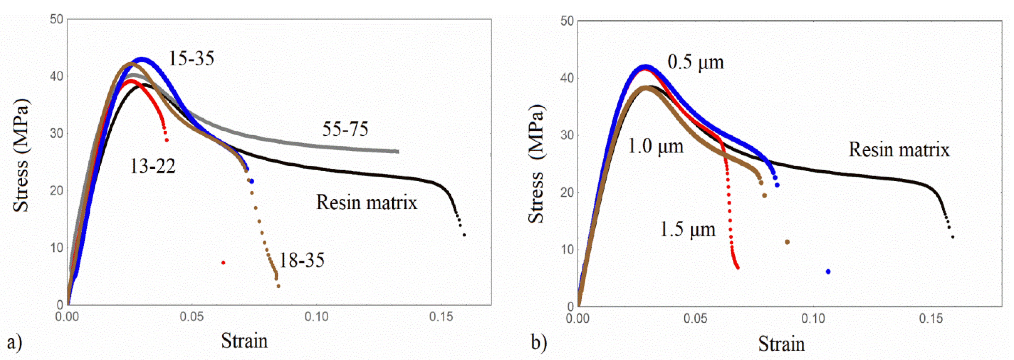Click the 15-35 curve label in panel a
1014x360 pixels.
(191, 59)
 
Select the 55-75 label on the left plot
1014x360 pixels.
(345, 129)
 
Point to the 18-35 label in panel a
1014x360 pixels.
(301, 260)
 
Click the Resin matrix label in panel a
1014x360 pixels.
(366, 203)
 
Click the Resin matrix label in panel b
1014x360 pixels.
(899, 150)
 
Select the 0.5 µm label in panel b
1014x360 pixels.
(696, 62)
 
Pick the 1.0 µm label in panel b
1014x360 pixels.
(655, 146)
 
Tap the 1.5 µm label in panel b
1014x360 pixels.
(687, 229)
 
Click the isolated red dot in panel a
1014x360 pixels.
(223, 263)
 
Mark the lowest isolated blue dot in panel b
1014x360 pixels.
(828, 271)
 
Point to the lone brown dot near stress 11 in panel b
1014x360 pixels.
(787, 242)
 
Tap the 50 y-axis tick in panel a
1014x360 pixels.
(57, 19)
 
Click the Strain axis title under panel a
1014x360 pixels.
(244, 340)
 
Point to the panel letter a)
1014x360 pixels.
(14, 342)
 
